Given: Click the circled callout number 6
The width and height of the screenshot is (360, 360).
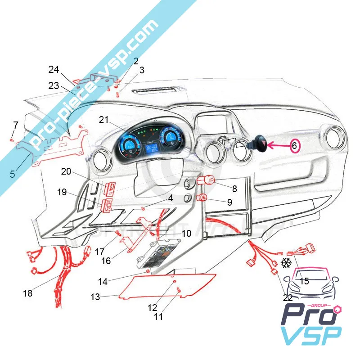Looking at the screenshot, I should point(294,146).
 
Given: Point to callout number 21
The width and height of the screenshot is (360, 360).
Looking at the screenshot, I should point(104,120).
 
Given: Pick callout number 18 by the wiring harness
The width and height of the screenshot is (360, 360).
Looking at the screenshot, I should point(28,293).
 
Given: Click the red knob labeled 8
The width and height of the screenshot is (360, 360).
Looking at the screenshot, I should point(209,181).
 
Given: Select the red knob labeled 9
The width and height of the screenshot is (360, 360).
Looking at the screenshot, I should point(203,198).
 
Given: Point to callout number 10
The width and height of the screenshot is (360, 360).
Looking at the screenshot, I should point(186,234).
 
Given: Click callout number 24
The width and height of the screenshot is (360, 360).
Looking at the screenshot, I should point(54,70).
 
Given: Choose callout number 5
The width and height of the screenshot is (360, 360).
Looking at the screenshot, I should point(13,173).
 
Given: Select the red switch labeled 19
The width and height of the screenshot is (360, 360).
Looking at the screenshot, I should point(108,205).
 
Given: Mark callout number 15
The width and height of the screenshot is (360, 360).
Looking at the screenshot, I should point(305,281).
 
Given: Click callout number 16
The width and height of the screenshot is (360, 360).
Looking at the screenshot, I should point(107,261).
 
